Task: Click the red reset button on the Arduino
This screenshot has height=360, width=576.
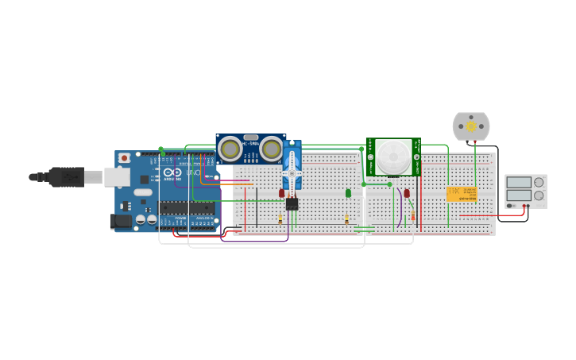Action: coord(123,159)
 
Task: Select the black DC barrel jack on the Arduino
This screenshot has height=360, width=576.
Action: coord(121,221)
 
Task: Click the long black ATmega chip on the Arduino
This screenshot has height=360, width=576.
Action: coord(186,208)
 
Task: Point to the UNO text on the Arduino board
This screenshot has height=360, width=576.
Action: coord(193,173)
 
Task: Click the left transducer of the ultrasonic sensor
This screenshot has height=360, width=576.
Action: coord(230,149)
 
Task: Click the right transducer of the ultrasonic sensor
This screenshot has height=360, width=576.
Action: coord(272,149)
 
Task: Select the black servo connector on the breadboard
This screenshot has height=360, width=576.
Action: coord(292,203)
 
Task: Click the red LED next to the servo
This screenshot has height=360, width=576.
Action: coord(281,193)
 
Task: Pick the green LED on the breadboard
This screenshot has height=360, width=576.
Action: coord(348,193)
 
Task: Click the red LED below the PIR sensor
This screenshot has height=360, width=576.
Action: coord(407,193)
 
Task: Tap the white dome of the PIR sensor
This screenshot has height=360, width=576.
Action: coord(392,156)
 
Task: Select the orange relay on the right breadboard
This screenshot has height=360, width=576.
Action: coord(462,194)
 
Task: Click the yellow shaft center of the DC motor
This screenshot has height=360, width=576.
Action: coord(471,126)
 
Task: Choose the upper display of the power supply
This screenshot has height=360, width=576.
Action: coord(519,183)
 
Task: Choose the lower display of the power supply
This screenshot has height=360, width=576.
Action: coord(519,195)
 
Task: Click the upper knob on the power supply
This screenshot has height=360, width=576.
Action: coord(539,182)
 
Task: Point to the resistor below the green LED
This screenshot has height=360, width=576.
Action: coord(346,219)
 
